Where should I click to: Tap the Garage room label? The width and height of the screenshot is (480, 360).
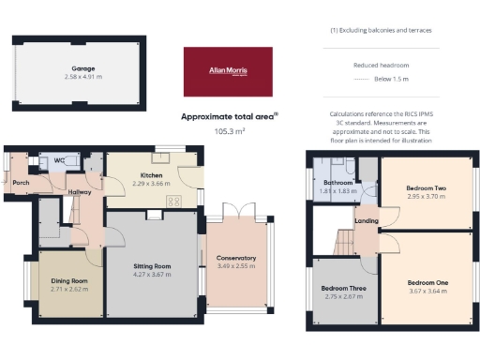pos(85,68)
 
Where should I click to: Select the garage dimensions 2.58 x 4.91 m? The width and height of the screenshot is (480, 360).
pos(85,77)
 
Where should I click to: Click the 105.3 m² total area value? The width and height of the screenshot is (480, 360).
pos(228,132)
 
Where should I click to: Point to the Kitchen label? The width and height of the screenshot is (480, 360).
pos(152,175)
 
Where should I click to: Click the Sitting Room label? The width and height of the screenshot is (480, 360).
pos(152,265)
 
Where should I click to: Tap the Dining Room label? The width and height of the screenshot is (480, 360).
pos(68,281)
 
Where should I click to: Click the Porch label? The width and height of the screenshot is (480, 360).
pos(21,183)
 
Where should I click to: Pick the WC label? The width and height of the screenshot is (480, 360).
pos(58,160)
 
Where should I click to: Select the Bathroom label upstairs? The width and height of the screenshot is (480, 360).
pos(337,182)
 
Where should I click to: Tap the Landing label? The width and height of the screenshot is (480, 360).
pos(366,221)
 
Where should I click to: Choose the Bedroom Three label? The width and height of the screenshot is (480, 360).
pos(343,288)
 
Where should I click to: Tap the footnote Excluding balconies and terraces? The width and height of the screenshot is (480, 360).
pos(386,31)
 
